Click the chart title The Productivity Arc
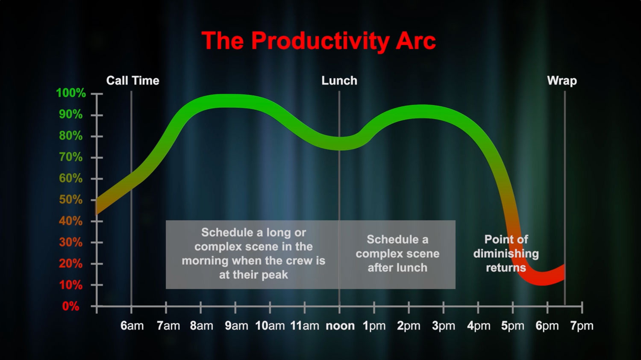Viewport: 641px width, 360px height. tap(318, 41)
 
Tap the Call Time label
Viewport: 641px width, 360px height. tap(133, 80)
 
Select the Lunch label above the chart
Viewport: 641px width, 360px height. tap(339, 80)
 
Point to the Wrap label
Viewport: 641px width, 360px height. tap(562, 81)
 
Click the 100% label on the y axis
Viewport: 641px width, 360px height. tap(71, 93)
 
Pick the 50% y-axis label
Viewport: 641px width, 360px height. tap(71, 200)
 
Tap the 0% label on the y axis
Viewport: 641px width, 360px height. tap(71, 307)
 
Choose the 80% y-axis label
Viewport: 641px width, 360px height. tap(71, 136)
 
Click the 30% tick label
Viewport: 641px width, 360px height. tap(71, 242)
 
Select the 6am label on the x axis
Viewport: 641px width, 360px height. tap(132, 326)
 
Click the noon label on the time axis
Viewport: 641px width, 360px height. tap(340, 326)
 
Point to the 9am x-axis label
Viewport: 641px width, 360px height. tap(236, 326)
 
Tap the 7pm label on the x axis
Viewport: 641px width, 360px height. tap(582, 326)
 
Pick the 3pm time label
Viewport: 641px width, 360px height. tap(444, 326)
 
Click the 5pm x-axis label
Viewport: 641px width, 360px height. tap(513, 326)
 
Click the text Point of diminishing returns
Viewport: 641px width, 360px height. tap(506, 254)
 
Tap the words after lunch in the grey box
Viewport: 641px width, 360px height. tap(397, 268)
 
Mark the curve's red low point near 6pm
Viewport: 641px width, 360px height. tap(542, 279)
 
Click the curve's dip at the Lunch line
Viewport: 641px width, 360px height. tap(339, 143)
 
